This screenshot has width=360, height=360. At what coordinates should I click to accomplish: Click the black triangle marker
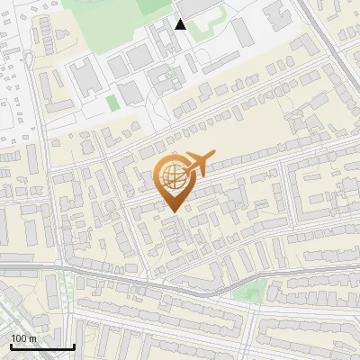point(181,24)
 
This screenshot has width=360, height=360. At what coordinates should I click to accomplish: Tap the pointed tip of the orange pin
point(171,211)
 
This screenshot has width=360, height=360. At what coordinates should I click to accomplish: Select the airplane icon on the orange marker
point(196,165)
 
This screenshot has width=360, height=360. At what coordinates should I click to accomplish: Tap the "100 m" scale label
point(23,337)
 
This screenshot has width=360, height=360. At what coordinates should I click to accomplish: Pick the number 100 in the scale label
point(19,337)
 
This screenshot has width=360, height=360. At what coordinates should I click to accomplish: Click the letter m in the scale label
point(32,337)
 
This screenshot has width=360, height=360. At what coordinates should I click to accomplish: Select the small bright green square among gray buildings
point(112,103)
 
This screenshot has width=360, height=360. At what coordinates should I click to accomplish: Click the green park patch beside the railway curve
point(249,290)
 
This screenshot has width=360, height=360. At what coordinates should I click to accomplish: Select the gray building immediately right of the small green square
point(131,92)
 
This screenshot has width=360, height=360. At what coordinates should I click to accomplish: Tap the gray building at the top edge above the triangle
point(181,6)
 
